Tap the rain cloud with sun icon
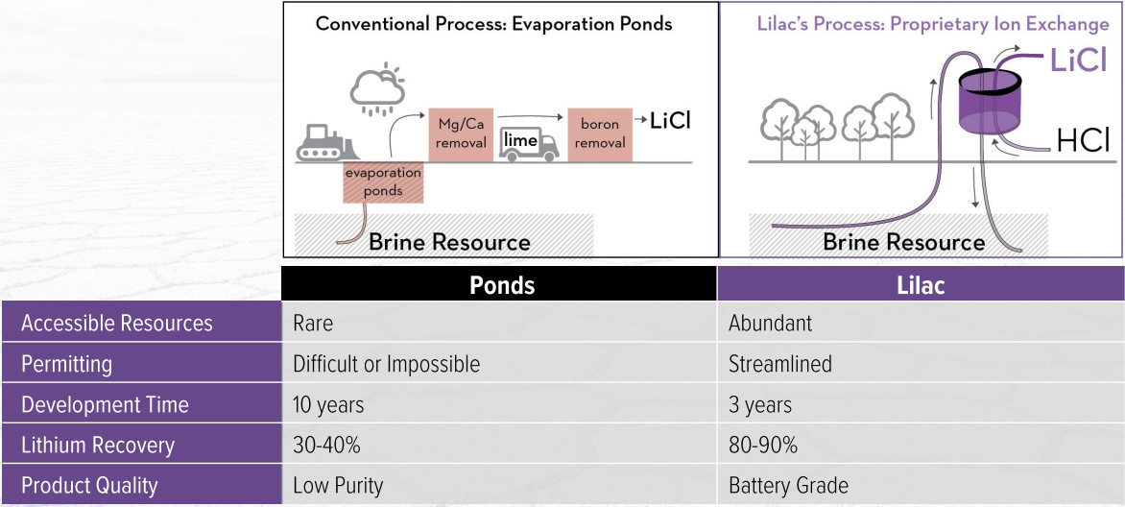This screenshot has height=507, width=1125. pos(375,88)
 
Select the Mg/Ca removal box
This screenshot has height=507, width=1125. pos(461,133)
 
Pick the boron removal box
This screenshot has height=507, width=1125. pos(602,133)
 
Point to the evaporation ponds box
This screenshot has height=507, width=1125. pos(383,181)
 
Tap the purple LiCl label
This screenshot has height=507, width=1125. pos(1078,61)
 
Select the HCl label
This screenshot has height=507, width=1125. pos(1082,141)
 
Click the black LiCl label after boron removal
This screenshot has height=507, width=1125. pos(670,121)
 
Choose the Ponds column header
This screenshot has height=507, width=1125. pos(501,284)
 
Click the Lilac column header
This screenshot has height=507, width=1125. pos(921,284)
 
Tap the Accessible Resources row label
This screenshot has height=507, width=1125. pos(117,324)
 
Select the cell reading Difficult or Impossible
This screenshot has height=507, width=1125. pos(386,364)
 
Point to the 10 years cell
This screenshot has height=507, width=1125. pos(328,404)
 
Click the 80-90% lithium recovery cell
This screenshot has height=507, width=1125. pos(763,445)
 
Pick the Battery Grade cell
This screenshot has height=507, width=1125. pos(788,485)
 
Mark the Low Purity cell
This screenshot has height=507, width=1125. pos(338,485)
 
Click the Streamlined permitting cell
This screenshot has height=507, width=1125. pos(779,364)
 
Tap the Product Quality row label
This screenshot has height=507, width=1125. pos(89,485)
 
